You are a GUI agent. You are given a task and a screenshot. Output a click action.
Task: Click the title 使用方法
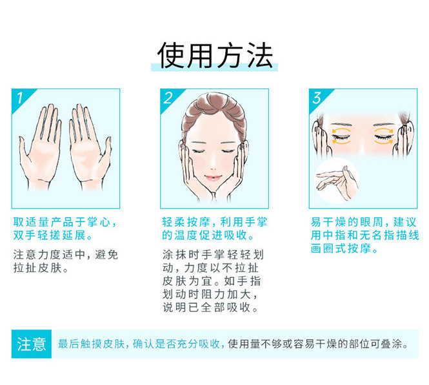point(215,56)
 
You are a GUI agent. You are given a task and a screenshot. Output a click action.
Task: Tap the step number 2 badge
point(170,98)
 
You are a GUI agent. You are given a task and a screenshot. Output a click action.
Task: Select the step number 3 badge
point(319,98)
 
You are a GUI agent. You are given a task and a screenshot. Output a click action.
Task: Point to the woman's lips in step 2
point(213,178)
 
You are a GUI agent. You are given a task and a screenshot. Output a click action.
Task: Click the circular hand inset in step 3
point(337,181)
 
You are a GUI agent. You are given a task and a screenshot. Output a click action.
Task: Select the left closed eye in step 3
point(341,136)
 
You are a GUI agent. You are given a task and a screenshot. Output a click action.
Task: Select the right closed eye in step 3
point(384,136)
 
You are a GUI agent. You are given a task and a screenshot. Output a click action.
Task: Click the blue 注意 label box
point(32,344)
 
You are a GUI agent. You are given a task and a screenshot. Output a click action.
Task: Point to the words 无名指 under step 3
point(377,235)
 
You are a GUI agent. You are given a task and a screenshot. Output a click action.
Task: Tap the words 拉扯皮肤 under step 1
point(37,268)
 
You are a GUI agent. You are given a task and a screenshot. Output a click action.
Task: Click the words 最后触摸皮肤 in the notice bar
point(92,344)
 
